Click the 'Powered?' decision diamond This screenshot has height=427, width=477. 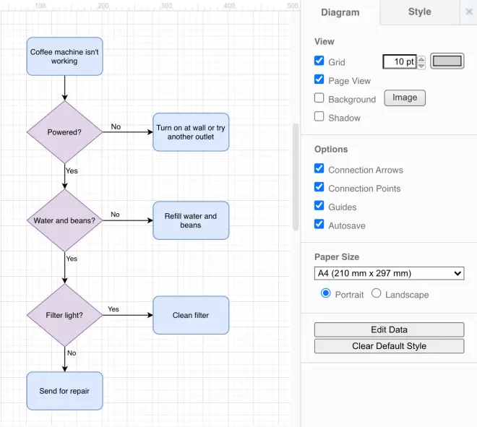(x=64, y=132)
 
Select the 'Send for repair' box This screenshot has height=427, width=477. (x=65, y=391)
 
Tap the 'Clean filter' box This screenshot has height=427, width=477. (x=191, y=315)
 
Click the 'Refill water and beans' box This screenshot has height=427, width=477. (x=191, y=220)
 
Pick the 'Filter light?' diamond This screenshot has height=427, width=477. (x=64, y=315)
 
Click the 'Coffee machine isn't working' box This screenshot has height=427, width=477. (x=65, y=56)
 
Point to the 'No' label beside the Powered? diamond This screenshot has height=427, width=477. (x=116, y=126)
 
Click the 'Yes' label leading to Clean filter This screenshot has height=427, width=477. (x=113, y=309)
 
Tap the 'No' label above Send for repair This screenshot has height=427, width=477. (x=72, y=353)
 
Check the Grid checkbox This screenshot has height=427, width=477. (x=319, y=61)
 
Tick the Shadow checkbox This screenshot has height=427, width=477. (x=319, y=116)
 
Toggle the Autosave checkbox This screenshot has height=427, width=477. (x=319, y=224)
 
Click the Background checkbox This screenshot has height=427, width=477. (x=319, y=98)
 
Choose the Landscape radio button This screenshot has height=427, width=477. (x=377, y=293)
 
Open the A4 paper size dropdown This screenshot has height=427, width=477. (x=390, y=273)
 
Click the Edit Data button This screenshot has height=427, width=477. (x=390, y=329)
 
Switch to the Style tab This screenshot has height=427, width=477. (x=419, y=12)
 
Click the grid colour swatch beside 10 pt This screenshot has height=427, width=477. (x=447, y=61)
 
